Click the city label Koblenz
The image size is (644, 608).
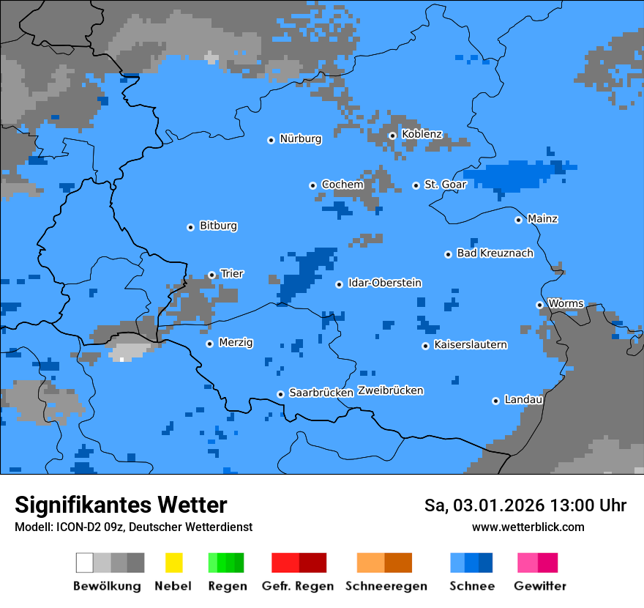click(422, 134)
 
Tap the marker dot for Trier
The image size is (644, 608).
click(211, 275)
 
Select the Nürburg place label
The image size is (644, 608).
click(300, 138)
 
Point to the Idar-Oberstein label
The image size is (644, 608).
click(385, 283)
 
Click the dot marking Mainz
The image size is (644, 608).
click(518, 220)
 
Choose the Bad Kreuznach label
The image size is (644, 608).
click(495, 253)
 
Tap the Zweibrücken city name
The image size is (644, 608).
click(390, 390)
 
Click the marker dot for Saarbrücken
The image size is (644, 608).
click(280, 394)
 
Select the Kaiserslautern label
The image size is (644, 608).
click(471, 344)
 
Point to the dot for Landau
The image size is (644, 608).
click(495, 401)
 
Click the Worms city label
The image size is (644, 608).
click(566, 303)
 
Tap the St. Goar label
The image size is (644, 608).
click(445, 185)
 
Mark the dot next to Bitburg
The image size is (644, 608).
click(190, 227)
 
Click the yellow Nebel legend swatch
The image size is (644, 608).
click(173, 563)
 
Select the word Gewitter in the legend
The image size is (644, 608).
click(540, 586)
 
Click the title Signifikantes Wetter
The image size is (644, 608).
click(121, 505)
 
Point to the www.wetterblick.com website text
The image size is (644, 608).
click(528, 527)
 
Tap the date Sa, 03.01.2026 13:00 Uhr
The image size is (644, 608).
click(525, 505)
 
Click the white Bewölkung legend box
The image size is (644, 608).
click(85, 563)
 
